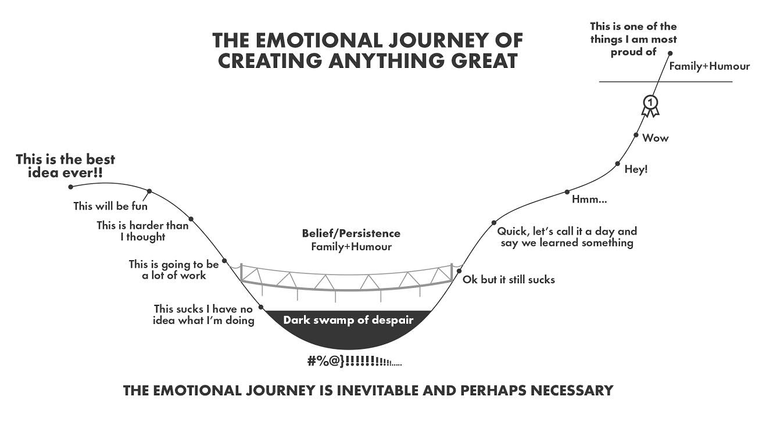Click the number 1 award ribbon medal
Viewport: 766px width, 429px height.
(x=651, y=103)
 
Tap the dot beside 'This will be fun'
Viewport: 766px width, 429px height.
(x=149, y=191)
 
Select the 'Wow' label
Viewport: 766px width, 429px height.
(x=655, y=138)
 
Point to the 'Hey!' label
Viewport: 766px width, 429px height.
(x=636, y=170)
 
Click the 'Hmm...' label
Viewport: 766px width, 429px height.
(x=589, y=200)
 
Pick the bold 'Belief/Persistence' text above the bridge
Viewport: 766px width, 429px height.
(x=351, y=233)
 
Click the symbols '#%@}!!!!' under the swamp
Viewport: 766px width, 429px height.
(x=355, y=362)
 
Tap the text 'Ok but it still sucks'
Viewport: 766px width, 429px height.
(x=509, y=279)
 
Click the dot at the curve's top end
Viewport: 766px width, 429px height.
(x=670, y=53)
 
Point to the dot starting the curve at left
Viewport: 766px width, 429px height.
(x=71, y=186)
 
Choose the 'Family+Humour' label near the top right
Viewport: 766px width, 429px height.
(x=709, y=66)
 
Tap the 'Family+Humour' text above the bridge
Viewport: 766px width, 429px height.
(x=351, y=247)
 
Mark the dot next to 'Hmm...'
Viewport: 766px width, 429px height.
(x=567, y=192)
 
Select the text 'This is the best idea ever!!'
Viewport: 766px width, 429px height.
(x=65, y=165)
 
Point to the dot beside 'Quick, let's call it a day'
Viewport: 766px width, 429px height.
(x=493, y=222)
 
